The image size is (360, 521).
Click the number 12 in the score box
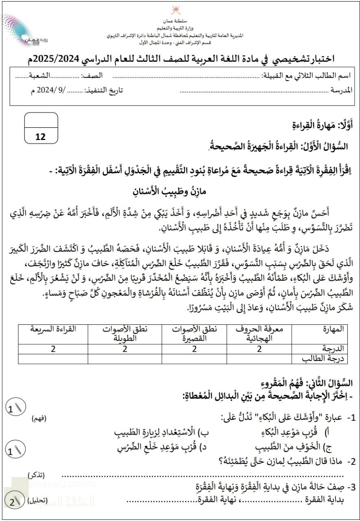coord(41,137)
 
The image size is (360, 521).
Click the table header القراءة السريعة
coord(53,329)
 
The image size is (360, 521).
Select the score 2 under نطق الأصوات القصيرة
coord(194,349)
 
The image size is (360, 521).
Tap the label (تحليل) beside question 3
coord(36,501)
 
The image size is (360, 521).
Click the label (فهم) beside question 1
coord(39,418)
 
